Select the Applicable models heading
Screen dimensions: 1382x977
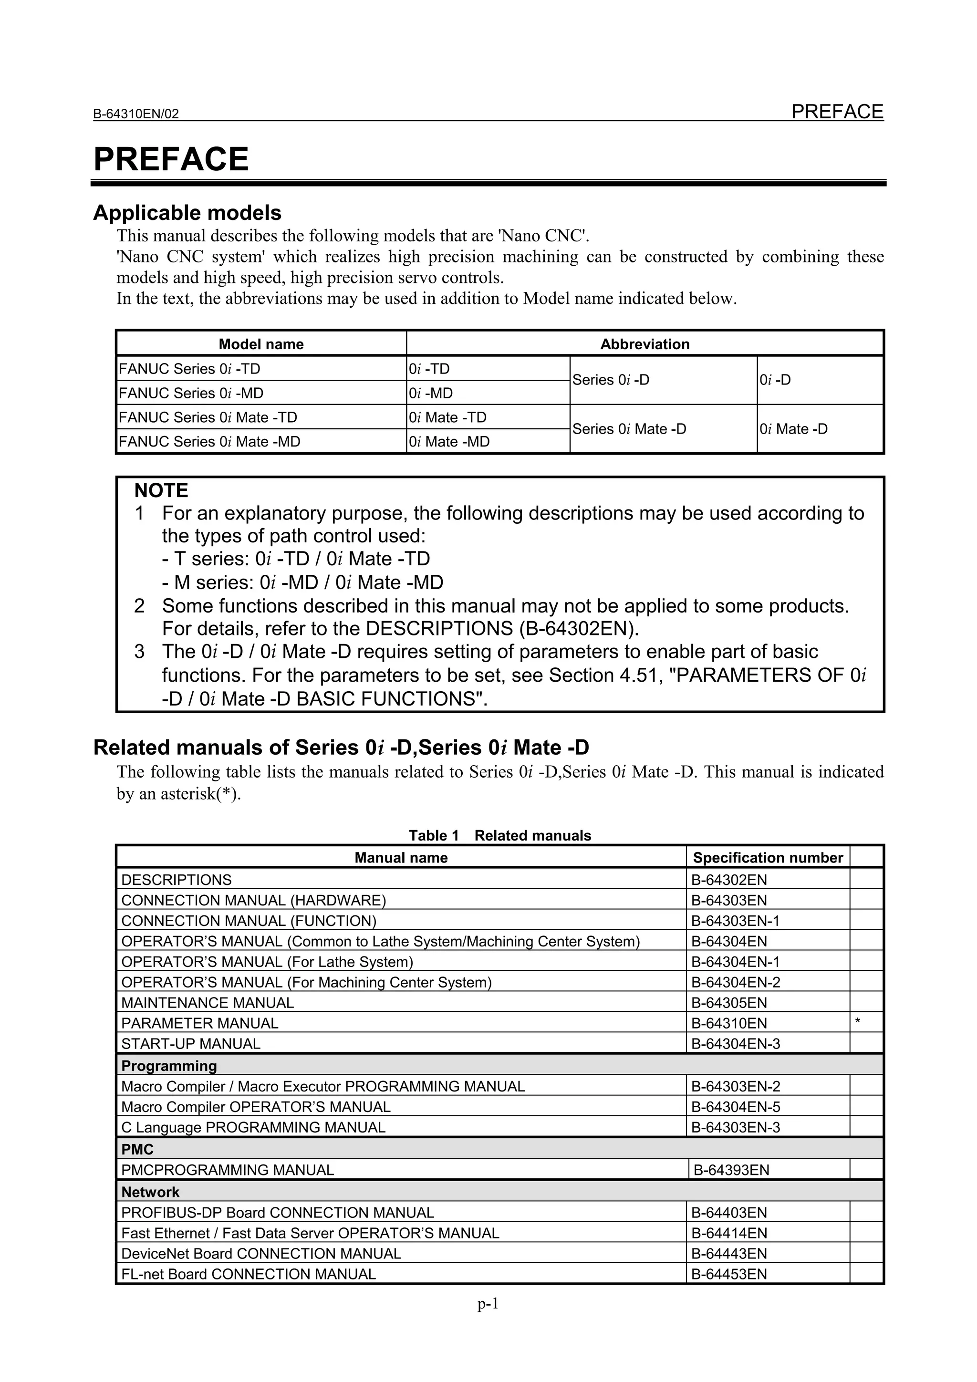[x=187, y=212]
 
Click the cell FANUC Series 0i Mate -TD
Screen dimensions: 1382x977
[x=208, y=417]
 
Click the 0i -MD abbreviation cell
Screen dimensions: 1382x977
[x=431, y=393]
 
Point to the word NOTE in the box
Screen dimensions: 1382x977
[x=161, y=490]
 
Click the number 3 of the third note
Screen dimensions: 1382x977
[x=139, y=652]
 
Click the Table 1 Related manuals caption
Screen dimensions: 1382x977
[x=499, y=835]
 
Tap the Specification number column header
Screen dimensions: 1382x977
[x=768, y=858]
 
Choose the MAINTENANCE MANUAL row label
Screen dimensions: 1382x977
[x=208, y=1003]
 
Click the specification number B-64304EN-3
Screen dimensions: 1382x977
[x=736, y=1044]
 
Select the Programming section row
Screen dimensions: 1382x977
[x=169, y=1066]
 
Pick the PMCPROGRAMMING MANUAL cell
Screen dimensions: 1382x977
[x=228, y=1170]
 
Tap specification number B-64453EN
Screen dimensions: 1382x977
[x=729, y=1274]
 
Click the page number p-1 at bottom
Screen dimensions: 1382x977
[x=488, y=1304]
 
